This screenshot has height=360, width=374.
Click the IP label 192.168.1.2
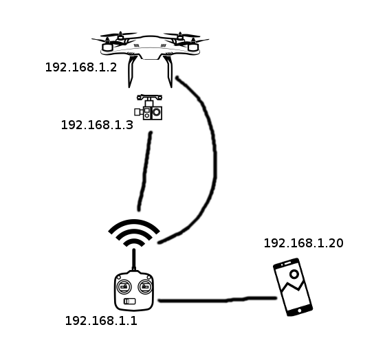81,67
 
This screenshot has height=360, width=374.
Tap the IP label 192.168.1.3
97,125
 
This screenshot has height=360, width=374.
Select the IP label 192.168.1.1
101,321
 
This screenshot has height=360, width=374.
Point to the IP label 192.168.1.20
303,243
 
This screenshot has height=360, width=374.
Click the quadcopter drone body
151,47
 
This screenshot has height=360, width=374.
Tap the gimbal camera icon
148,107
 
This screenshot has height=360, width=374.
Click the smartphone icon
293,287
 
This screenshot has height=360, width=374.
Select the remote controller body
134,291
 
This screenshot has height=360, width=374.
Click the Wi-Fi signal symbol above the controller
134,233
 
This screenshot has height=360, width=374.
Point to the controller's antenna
134,260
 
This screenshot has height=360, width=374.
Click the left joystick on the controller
124,286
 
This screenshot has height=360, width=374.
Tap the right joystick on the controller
146,286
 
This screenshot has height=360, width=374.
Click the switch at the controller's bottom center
129,302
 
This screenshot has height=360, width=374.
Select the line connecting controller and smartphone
217,300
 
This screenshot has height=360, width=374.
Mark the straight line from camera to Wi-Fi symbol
145,171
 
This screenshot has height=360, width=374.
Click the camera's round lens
157,112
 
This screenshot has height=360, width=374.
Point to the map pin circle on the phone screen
294,274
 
